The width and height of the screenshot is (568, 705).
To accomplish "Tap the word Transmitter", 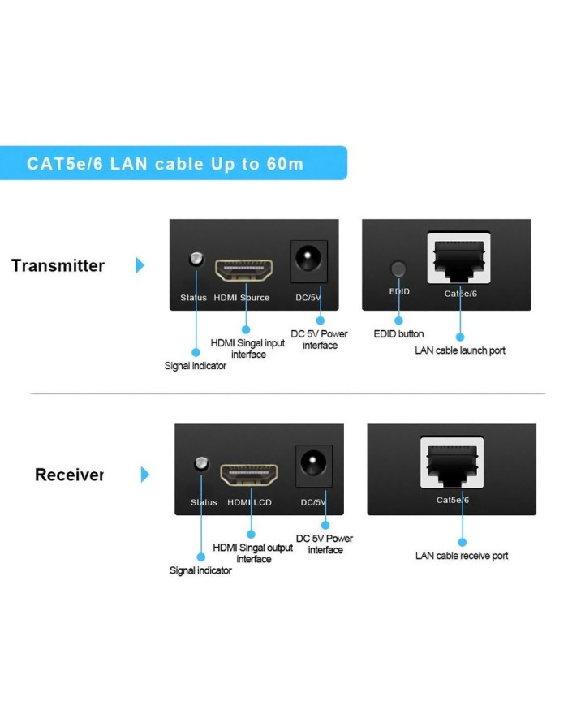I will pos(58,266).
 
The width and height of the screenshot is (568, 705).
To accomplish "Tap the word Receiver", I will pos(69,475).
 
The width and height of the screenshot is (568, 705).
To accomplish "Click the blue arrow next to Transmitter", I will pos(140,265).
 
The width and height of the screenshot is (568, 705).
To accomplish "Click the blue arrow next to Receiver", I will pos(145,475).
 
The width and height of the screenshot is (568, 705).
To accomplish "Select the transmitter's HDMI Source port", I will pos(243,269).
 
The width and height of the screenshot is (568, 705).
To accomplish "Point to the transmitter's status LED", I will pos(195,260).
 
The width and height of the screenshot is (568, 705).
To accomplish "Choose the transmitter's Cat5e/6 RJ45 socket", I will pos(460,258).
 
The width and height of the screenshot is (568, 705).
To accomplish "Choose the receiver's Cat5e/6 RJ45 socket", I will pos(453,462).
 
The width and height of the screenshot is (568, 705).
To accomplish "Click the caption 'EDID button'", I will pos(398,334).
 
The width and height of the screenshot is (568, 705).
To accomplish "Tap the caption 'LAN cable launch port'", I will pos(460,350).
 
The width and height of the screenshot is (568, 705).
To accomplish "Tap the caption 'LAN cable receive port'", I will pos(462,556).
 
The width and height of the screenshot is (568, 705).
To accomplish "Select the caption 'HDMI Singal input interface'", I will pos(248,349).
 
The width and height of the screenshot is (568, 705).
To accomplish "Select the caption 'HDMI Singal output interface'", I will pos(253,553).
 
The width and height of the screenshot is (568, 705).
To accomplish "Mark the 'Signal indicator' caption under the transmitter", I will pos(196,366).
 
